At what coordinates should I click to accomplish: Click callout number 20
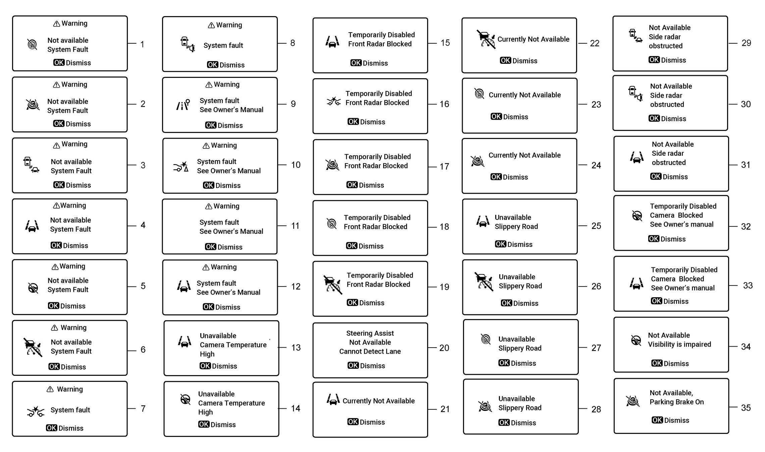tap(444, 348)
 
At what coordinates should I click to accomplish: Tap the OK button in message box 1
tap(59, 63)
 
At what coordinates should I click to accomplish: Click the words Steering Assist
tap(370, 333)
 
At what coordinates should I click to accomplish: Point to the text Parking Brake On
tap(676, 402)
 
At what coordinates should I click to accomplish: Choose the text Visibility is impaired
tap(679, 344)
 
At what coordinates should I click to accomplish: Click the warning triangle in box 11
tap(209, 207)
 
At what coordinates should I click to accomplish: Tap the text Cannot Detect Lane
tap(370, 351)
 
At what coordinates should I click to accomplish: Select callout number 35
tap(746, 408)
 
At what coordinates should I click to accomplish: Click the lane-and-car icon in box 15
tap(332, 42)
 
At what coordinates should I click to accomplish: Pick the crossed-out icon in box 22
tap(486, 39)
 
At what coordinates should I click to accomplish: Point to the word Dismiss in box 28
tap(523, 423)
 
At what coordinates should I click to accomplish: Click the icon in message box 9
tap(183, 105)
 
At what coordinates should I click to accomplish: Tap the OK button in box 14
tap(204, 424)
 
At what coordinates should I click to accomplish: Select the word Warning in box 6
tap(73, 327)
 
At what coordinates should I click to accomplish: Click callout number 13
tap(296, 348)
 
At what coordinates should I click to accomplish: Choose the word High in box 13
tap(207, 354)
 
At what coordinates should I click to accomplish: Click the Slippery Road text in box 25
tap(516, 227)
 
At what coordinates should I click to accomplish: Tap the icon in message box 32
tap(637, 216)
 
